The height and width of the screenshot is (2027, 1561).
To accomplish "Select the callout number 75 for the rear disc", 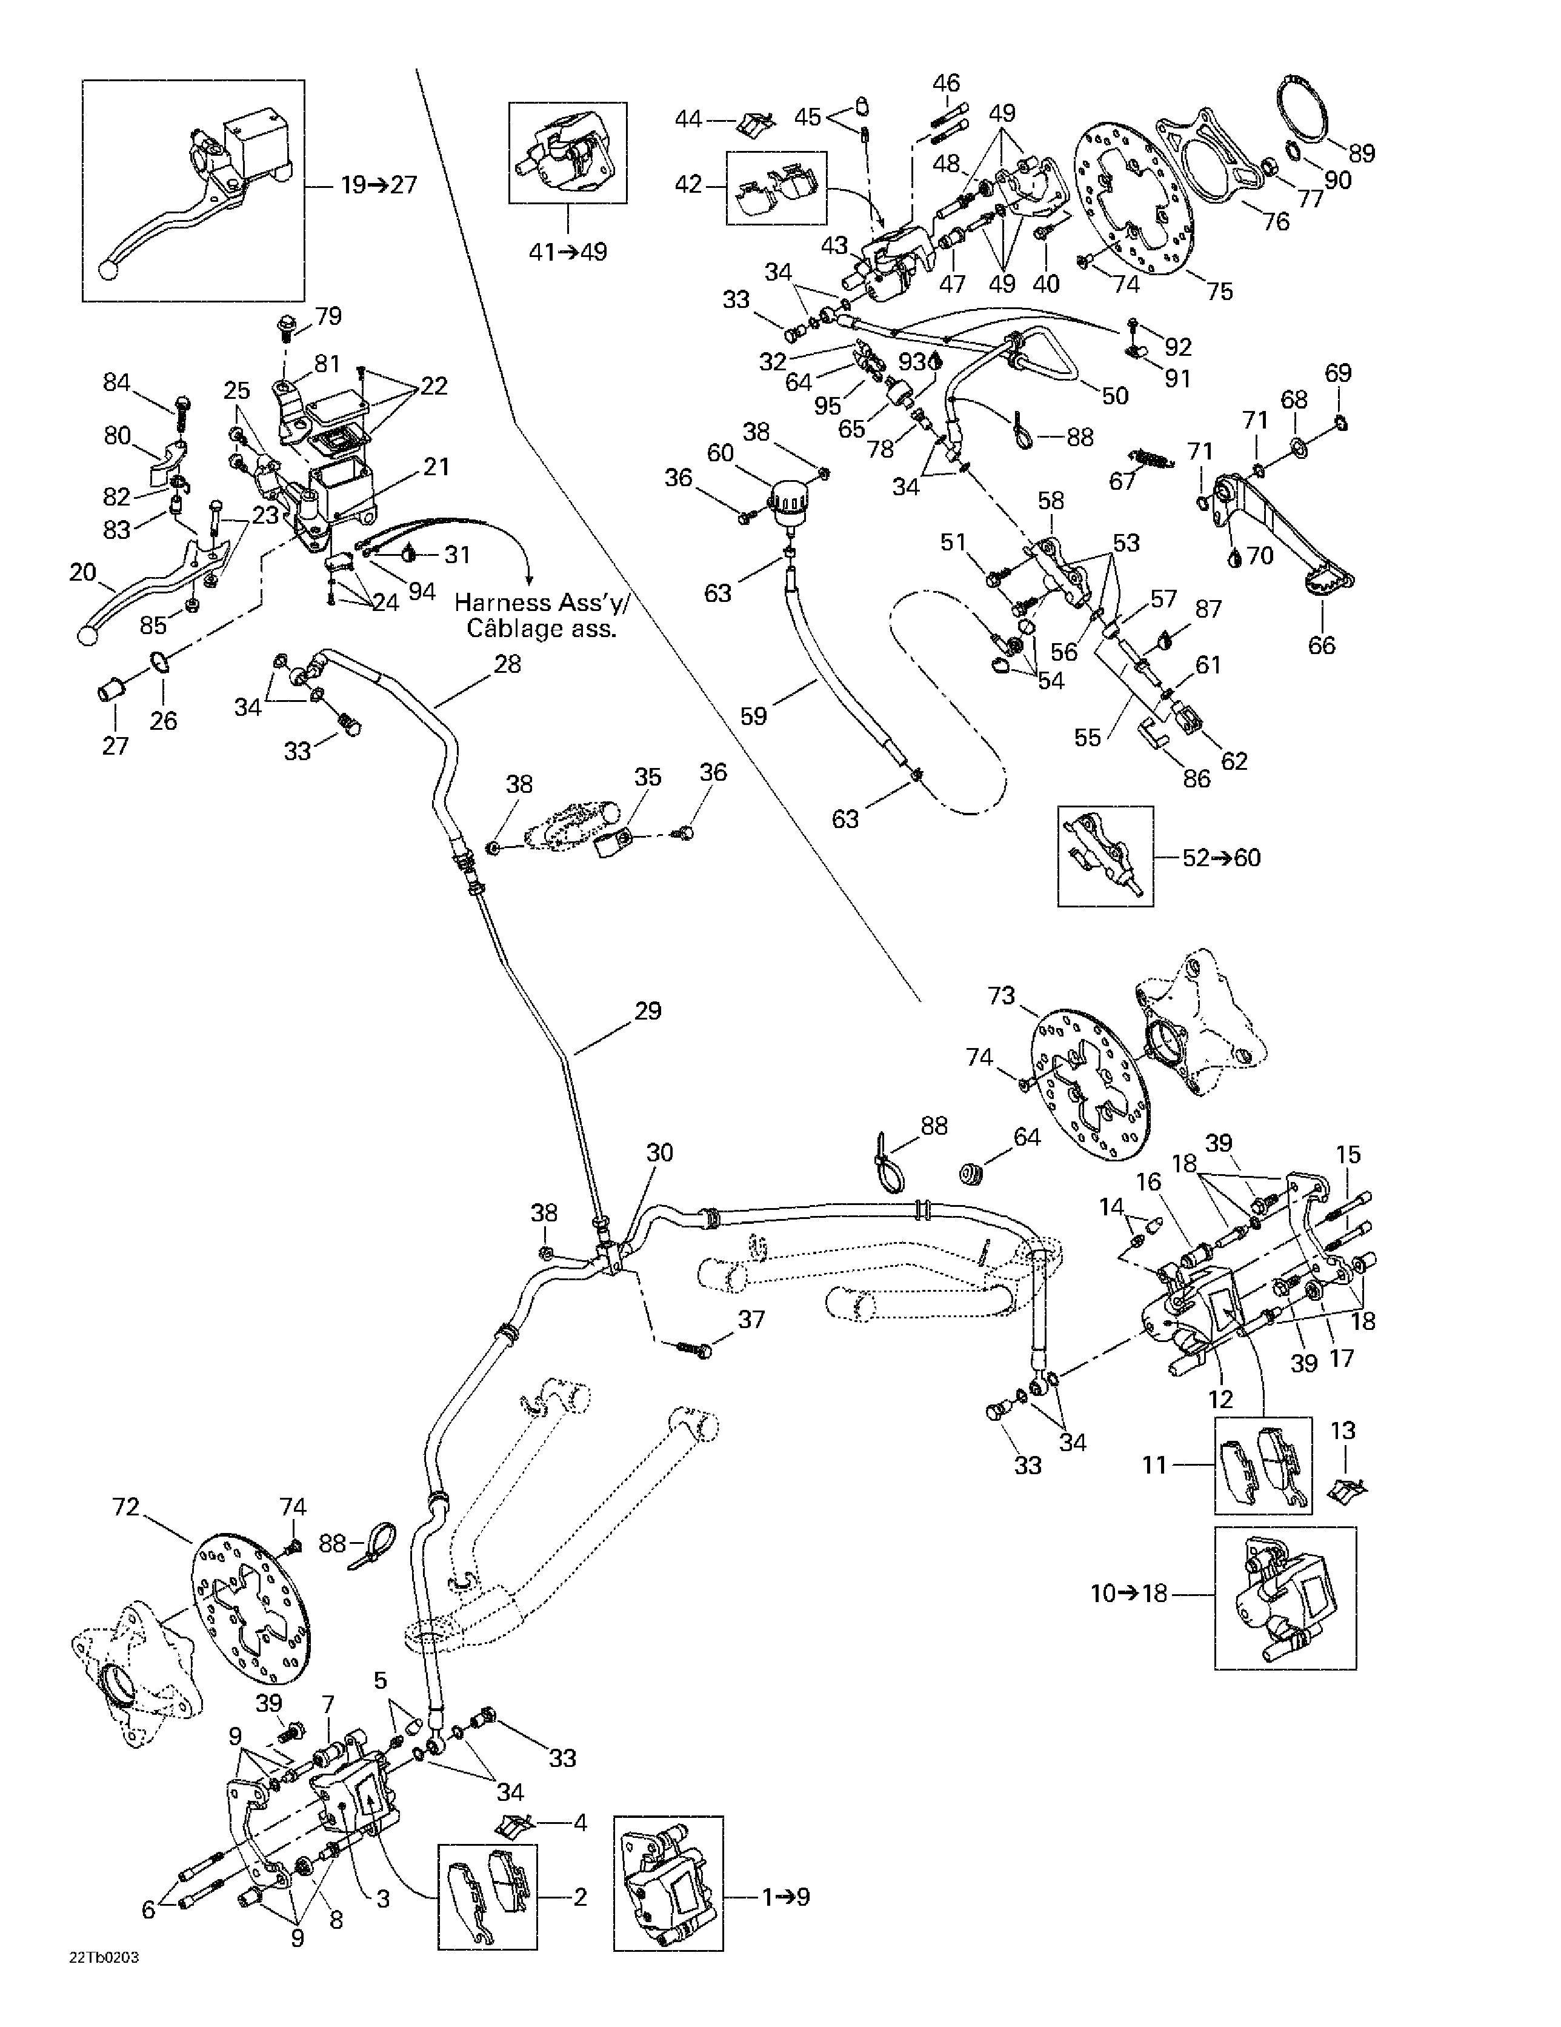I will tap(1219, 292).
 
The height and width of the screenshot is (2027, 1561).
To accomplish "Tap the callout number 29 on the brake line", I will tap(648, 1010).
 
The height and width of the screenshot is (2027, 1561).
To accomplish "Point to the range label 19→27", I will tap(379, 185).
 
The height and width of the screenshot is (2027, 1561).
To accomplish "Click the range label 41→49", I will tap(567, 252).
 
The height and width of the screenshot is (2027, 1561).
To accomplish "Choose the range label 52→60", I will tap(1221, 858).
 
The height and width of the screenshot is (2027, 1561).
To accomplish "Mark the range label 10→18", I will tap(1128, 1594).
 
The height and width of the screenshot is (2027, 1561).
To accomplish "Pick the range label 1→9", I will tap(785, 1896).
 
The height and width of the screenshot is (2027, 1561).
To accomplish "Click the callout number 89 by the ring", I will tap(1362, 153).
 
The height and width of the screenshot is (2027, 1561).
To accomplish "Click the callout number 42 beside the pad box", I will tap(688, 185).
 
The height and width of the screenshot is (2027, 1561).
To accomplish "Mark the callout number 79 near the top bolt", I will tap(328, 316).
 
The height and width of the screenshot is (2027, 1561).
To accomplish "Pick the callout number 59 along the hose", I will tap(754, 716).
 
